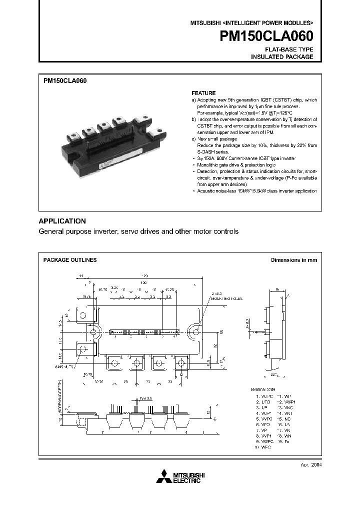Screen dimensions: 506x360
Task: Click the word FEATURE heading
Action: click(204, 93)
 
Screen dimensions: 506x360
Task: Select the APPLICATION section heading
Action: click(62, 221)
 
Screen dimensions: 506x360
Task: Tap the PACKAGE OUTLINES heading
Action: click(70, 260)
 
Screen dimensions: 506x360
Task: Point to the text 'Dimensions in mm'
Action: click(293, 260)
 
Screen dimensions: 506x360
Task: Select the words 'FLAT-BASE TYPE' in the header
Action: click(288, 49)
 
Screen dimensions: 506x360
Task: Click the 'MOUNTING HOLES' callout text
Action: click(226, 298)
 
